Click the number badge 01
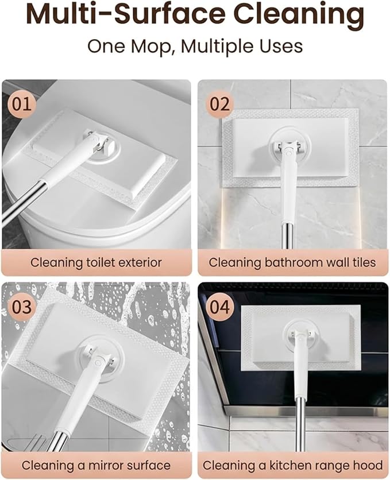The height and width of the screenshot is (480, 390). click(21, 104)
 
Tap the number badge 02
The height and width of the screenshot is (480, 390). click(219, 104)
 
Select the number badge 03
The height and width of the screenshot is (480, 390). click(21, 307)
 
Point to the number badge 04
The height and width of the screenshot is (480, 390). click(219, 307)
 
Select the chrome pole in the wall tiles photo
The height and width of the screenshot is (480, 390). click(288, 236)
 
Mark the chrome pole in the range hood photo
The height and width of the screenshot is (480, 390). click(300, 425)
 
